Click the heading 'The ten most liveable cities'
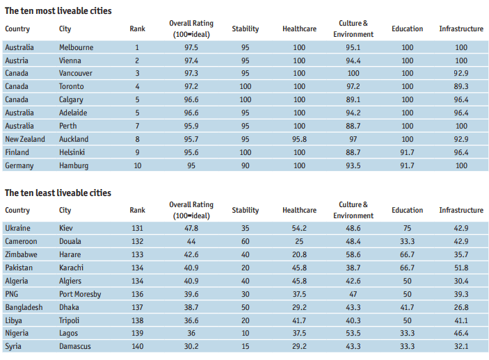click(58, 11)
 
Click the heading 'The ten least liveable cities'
click(58, 193)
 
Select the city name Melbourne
click(76, 47)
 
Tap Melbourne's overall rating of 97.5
click(191, 47)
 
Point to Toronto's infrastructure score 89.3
click(460, 86)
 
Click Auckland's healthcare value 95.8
click(299, 139)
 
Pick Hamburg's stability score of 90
click(245, 165)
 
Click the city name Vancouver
click(77, 73)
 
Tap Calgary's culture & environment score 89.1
click(353, 99)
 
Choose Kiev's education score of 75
click(407, 228)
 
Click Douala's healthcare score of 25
click(299, 241)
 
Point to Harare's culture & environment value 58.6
click(353, 254)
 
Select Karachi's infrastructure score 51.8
click(460, 268)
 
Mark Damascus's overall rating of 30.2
click(191, 346)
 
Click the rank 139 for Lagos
click(137, 333)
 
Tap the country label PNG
click(13, 294)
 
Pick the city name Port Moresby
click(80, 294)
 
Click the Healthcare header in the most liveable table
click(299, 28)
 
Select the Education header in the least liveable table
click(407, 210)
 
